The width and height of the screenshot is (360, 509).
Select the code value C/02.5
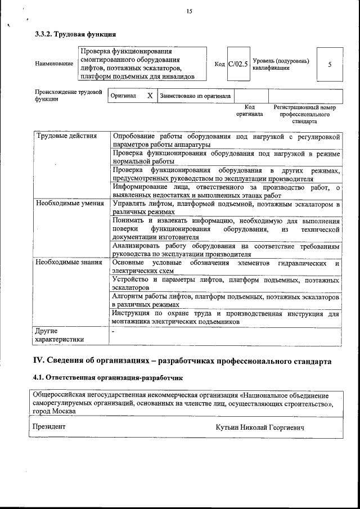238,64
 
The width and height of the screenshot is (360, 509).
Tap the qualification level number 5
330,64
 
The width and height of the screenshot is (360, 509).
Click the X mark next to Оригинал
150,96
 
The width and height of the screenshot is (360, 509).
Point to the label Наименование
54,64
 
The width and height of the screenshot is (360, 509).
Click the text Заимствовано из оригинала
195,96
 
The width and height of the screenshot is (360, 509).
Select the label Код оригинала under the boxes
250,110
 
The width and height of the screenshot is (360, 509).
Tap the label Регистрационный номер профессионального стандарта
304,114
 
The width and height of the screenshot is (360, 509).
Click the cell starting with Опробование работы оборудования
226,141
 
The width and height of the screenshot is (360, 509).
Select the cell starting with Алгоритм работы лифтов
226,300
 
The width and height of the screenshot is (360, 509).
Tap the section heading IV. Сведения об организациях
187,361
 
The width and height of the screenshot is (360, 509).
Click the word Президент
49,427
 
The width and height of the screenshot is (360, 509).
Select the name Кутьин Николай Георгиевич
260,428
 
